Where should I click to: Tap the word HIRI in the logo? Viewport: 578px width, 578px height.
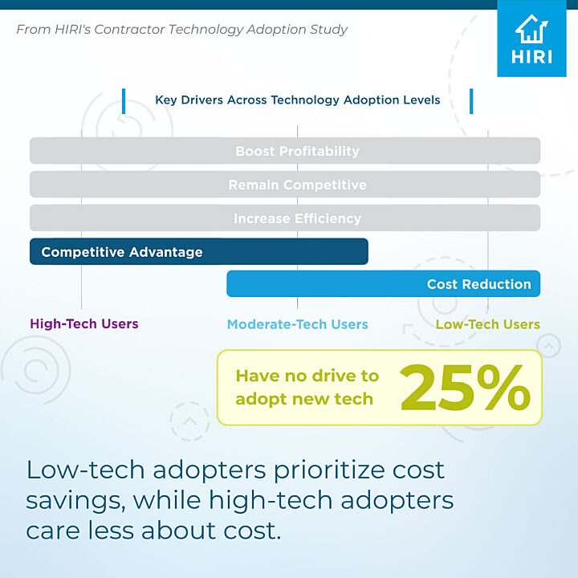(x=531, y=57)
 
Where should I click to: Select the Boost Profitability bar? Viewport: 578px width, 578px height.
(x=285, y=151)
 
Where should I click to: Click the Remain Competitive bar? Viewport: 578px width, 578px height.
(x=285, y=185)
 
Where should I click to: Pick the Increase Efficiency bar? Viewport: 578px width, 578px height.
(x=285, y=218)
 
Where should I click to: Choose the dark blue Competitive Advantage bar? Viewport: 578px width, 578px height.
(x=199, y=251)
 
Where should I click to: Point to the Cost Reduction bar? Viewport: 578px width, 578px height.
(x=384, y=283)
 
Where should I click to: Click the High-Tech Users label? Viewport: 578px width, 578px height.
(x=84, y=324)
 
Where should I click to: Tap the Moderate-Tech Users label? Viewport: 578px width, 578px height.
(x=298, y=324)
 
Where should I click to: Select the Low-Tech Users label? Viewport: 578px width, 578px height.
(x=488, y=324)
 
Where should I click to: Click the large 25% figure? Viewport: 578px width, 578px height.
(x=465, y=388)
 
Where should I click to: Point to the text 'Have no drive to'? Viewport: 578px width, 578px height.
(x=307, y=376)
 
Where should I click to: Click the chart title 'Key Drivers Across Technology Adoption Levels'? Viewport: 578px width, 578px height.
(x=298, y=100)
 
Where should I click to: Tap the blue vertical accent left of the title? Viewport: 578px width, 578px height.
(x=124, y=101)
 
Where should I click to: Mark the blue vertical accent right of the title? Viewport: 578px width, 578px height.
(x=471, y=101)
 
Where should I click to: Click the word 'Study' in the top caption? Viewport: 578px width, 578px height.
(x=328, y=30)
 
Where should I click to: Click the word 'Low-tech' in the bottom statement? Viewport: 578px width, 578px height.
(x=85, y=470)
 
